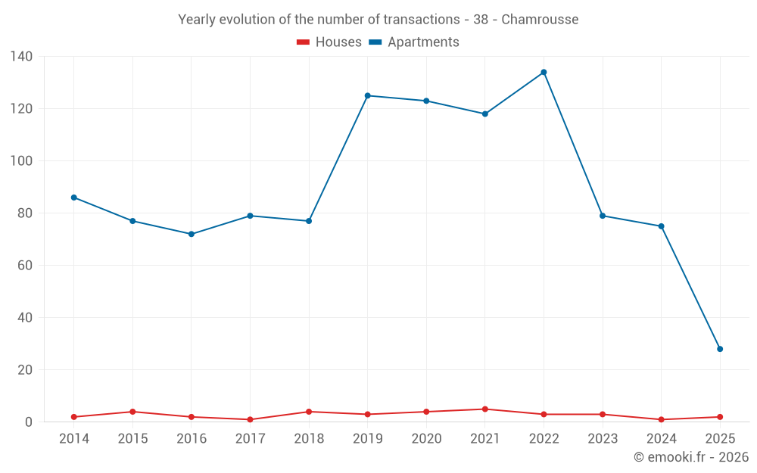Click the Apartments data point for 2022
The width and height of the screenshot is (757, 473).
[x=544, y=72]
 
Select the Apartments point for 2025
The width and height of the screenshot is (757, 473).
[x=720, y=349]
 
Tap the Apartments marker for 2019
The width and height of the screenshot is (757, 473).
[x=367, y=95]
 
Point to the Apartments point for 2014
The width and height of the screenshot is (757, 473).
[x=73, y=198]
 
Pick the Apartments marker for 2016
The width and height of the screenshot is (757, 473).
[x=191, y=234]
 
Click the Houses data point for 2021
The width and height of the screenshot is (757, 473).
[x=485, y=409]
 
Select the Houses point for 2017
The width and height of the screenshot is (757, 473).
[x=250, y=419]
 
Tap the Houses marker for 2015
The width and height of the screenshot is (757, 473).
[x=132, y=412]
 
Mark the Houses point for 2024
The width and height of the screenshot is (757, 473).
[x=661, y=419]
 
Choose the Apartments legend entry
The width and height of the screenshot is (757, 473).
[x=423, y=42]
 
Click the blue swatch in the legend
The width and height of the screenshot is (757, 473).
[x=375, y=42]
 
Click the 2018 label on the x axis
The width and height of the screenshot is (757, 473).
[x=308, y=439]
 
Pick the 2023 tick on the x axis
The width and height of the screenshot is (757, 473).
[x=603, y=439]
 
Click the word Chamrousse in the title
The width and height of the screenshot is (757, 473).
[x=540, y=20]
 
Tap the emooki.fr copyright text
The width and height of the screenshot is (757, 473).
[x=691, y=457]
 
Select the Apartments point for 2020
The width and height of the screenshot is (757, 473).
[x=426, y=101]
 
